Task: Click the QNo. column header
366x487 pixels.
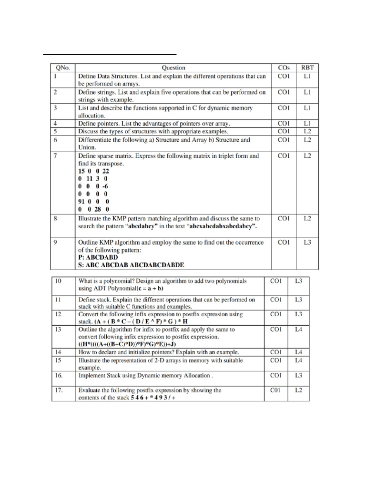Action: [x=62, y=68]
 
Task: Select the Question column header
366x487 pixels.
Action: [x=173, y=68]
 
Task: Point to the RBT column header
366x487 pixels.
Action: [x=308, y=68]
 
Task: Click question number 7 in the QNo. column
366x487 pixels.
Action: [x=55, y=156]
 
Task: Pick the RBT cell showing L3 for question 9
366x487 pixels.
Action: [x=308, y=243]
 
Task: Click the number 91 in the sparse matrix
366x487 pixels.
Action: [x=82, y=201]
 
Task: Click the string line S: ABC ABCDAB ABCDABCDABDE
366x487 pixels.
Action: [x=131, y=265]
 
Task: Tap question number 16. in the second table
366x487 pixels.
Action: [x=59, y=376]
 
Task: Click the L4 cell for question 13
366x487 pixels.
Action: [x=299, y=330]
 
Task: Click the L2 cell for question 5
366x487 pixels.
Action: [x=308, y=131]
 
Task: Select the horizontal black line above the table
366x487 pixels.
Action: [x=110, y=54]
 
